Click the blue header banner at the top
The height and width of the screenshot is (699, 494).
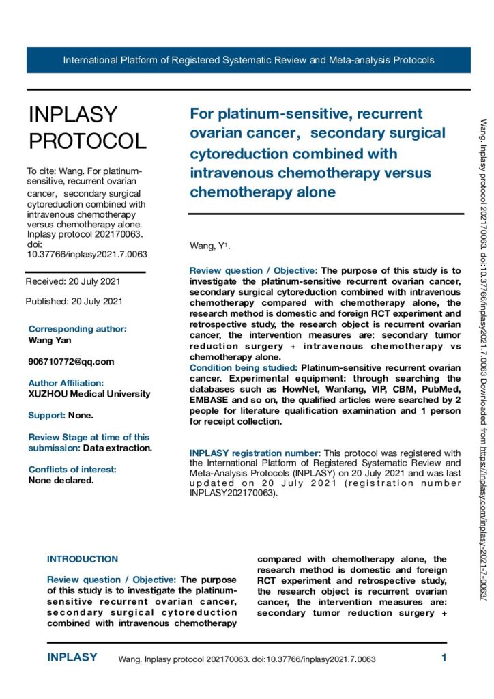click(x=248, y=60)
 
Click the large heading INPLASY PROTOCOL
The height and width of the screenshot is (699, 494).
click(x=87, y=128)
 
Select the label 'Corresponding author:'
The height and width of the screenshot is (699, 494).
click(x=77, y=329)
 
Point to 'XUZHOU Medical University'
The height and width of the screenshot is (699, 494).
click(x=89, y=394)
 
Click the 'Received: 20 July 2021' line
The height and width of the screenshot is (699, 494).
click(x=74, y=281)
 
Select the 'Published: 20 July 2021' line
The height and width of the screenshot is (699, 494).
click(x=74, y=301)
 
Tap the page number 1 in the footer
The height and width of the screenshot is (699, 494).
click(x=444, y=659)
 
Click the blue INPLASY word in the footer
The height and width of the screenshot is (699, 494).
click(x=72, y=658)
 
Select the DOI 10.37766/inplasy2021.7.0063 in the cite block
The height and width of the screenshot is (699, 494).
click(x=87, y=255)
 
